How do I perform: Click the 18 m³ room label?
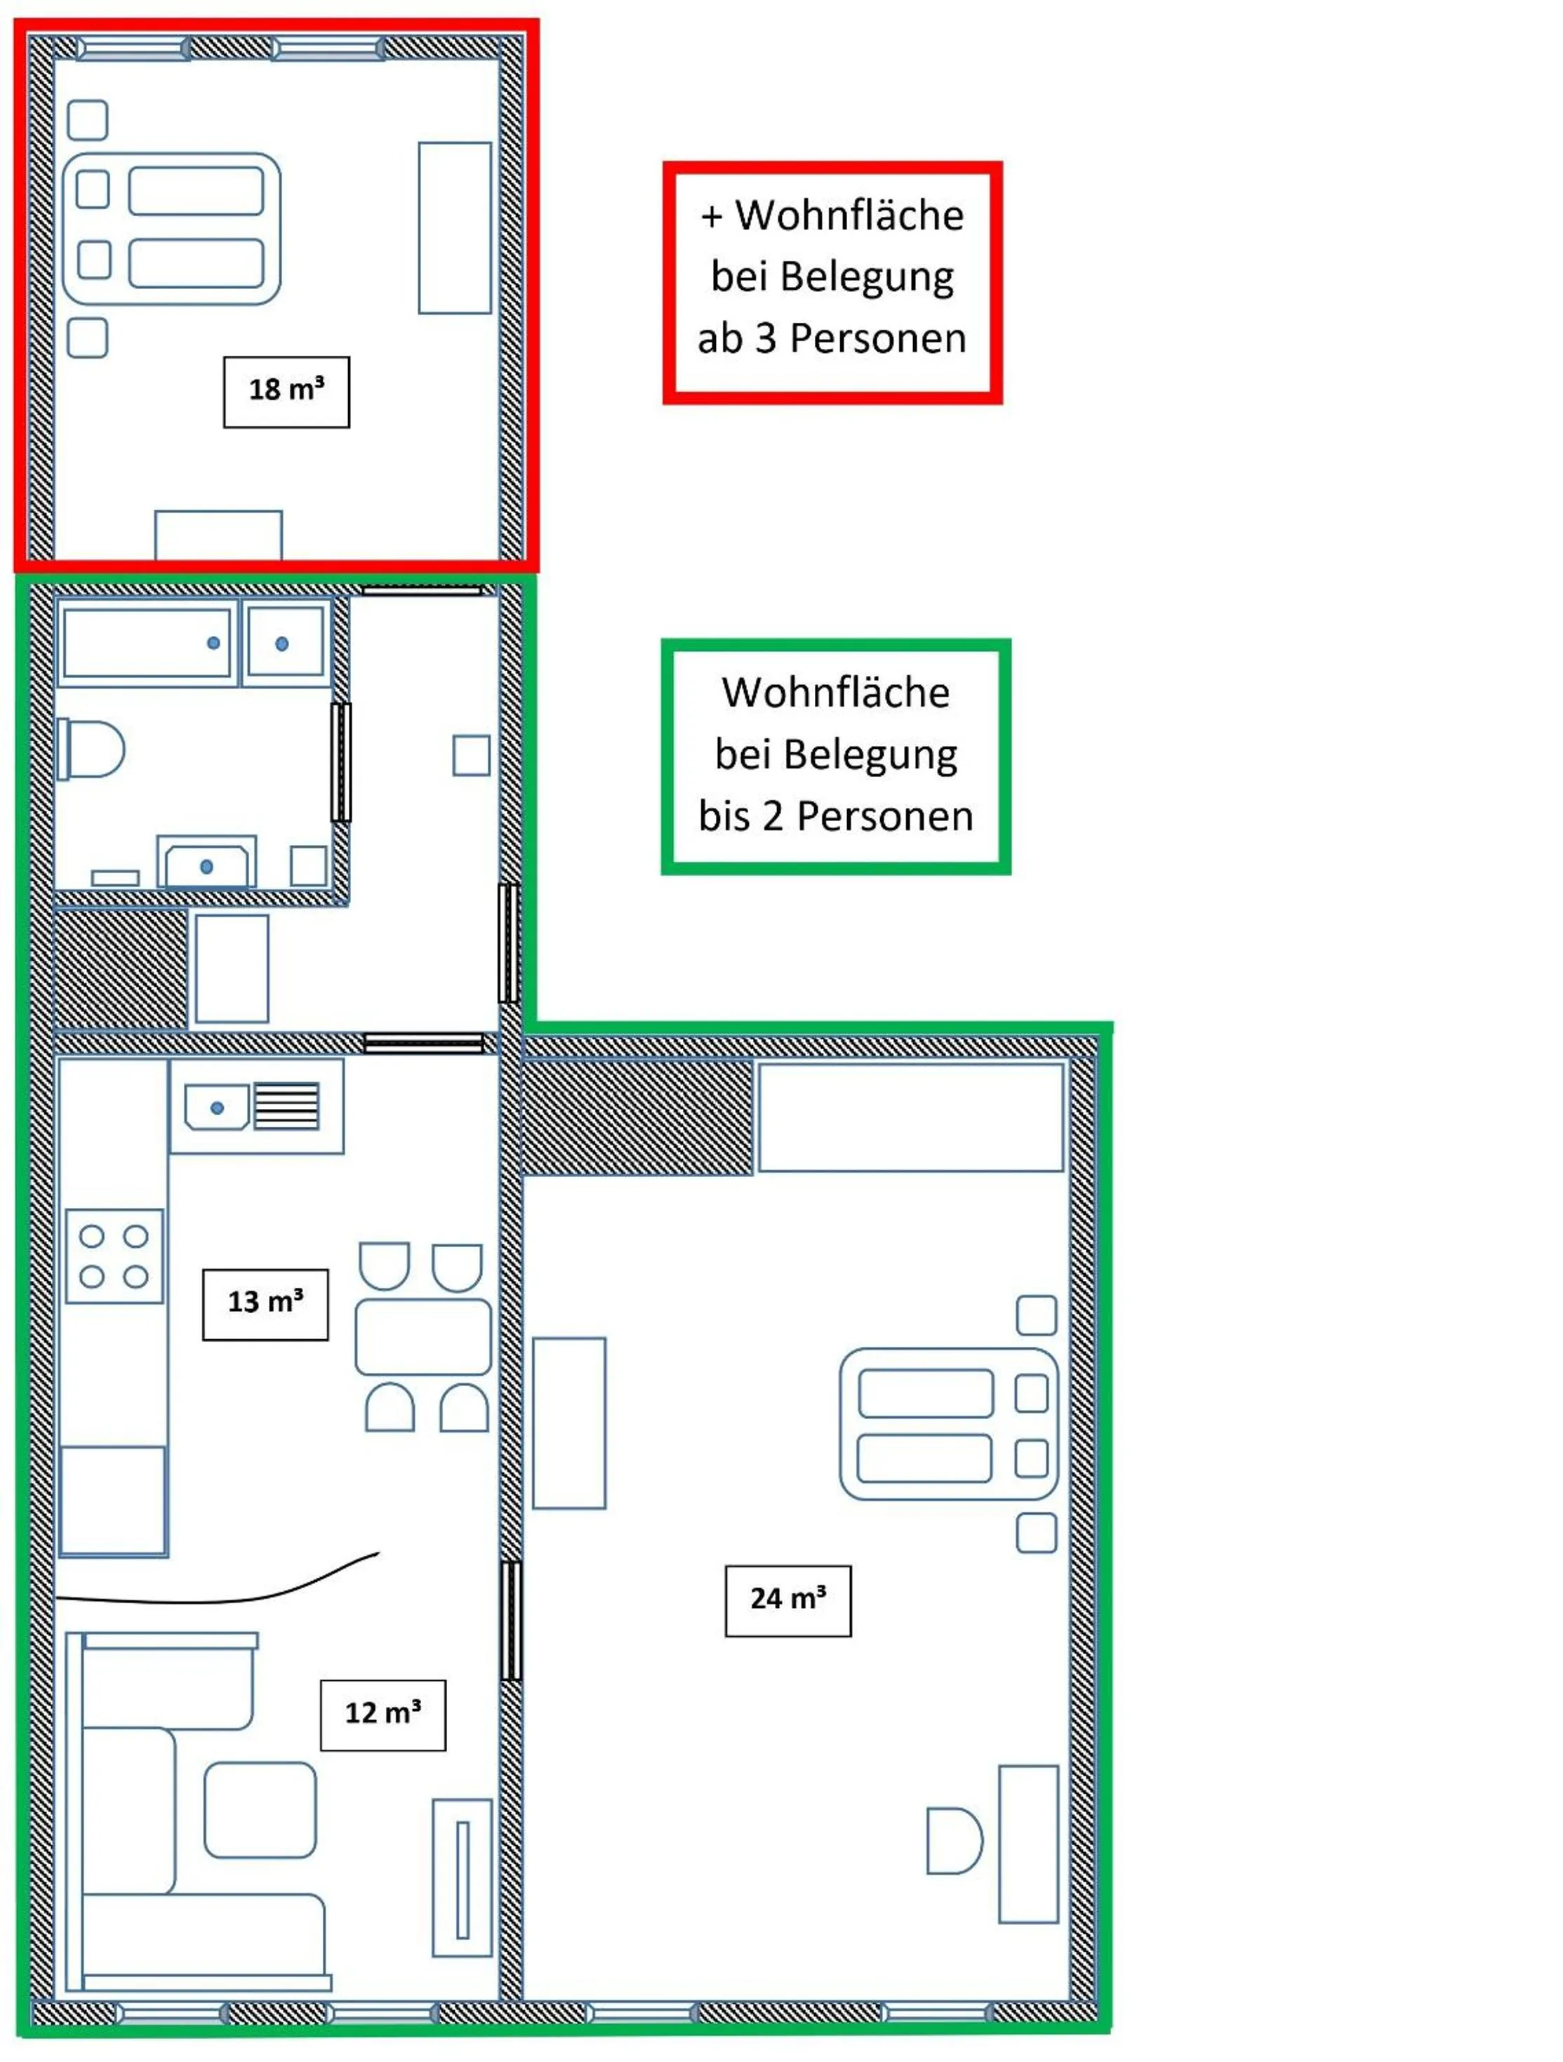point(286,392)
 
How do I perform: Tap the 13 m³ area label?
point(265,1304)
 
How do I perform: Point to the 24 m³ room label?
point(787,1601)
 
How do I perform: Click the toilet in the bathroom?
point(91,749)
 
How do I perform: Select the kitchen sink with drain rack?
point(256,1107)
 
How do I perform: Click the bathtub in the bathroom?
point(147,643)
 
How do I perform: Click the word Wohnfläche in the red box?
point(849,215)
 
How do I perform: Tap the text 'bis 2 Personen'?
point(836,817)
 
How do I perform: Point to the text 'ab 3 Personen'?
point(832,338)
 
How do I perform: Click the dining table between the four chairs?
point(423,1337)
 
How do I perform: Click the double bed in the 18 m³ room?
point(171,228)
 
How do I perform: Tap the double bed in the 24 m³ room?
point(949,1425)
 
